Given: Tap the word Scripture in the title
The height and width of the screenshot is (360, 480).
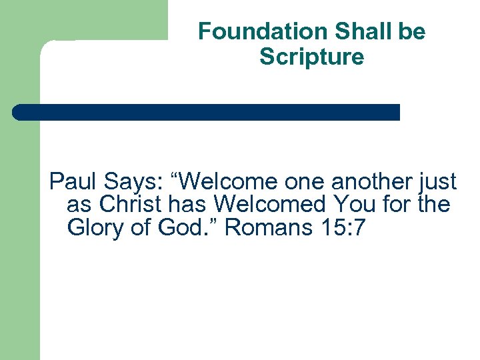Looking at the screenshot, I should point(311,57).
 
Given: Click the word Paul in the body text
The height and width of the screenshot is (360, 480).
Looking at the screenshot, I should point(69,181).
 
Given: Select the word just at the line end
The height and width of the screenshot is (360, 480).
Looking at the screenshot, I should point(440,181).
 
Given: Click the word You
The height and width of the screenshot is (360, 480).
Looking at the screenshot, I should point(354,205).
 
